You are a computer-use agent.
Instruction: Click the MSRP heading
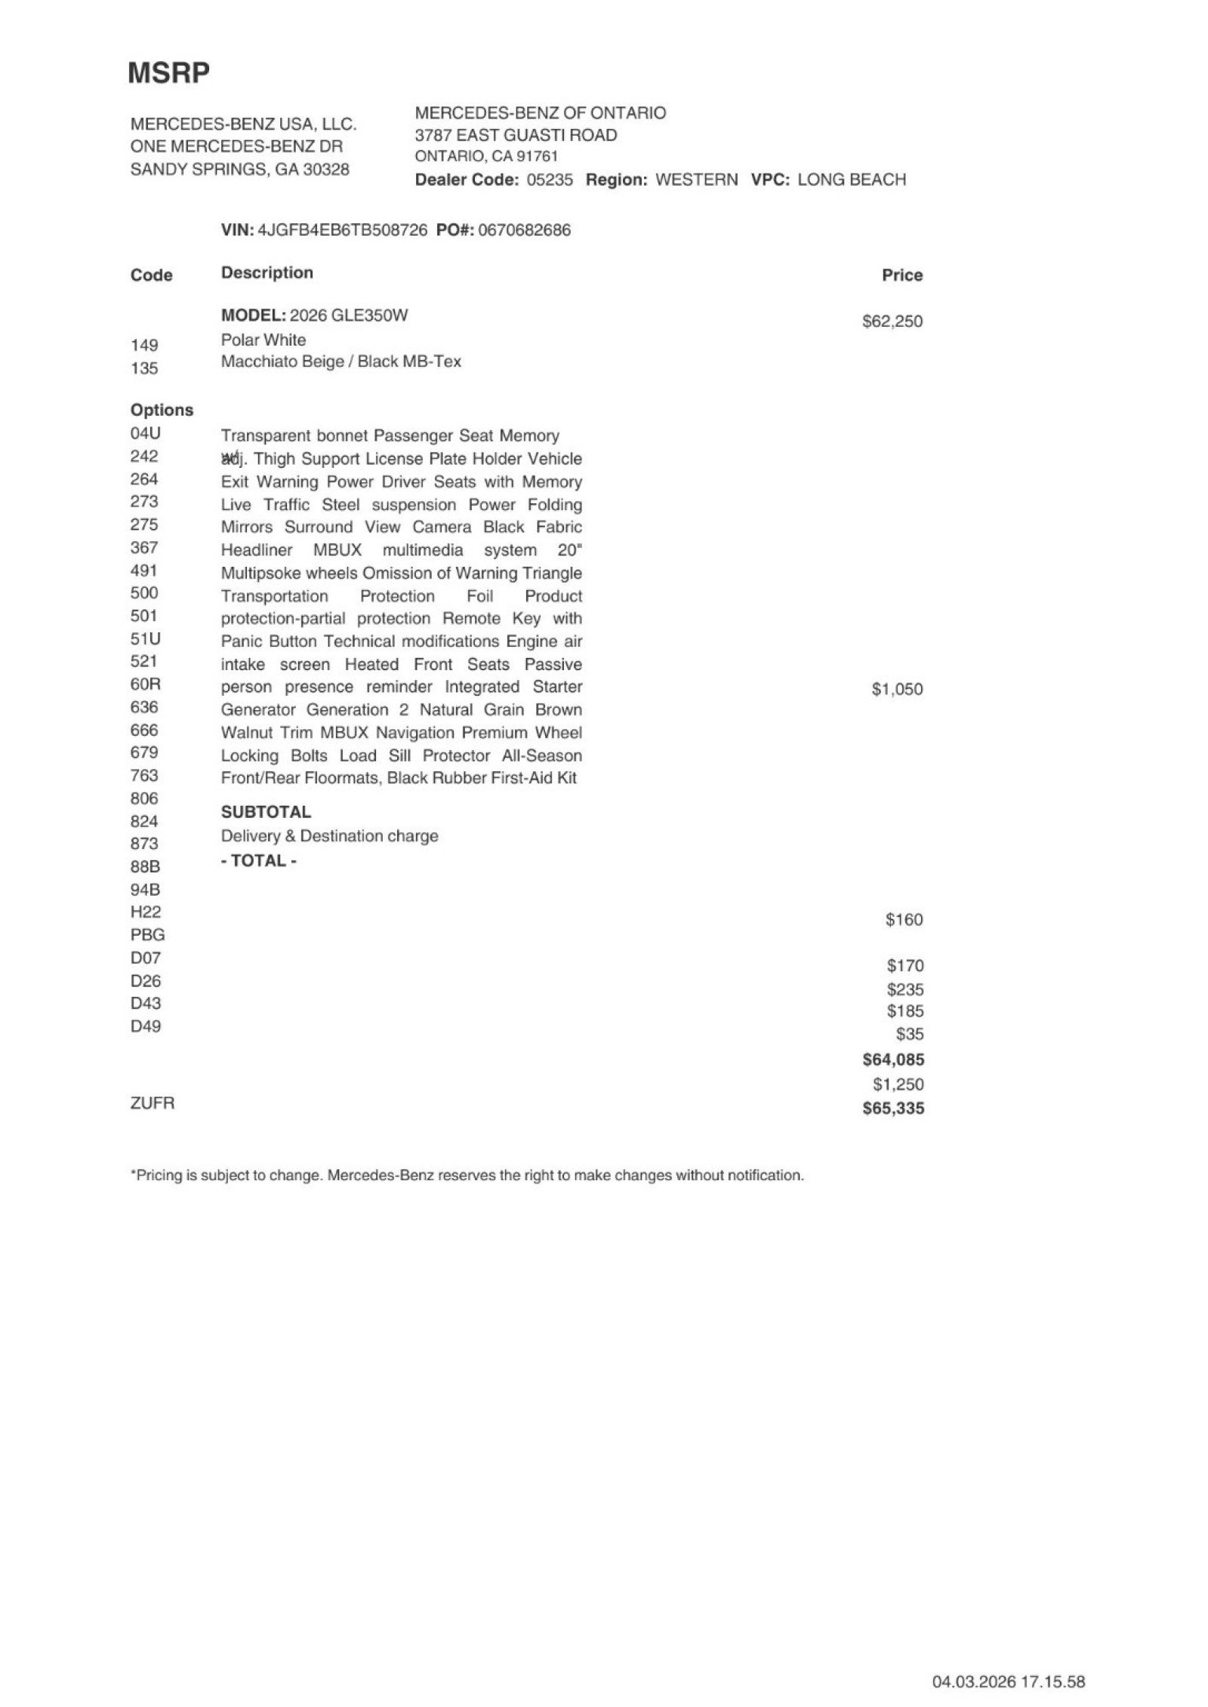pos(168,73)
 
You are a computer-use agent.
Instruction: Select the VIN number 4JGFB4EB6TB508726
pos(343,230)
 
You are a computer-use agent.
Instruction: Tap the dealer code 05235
pos(550,180)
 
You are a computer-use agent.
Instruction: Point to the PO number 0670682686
pos(525,230)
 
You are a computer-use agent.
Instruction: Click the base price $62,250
pos(892,321)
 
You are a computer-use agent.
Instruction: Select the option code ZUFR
pos(153,1103)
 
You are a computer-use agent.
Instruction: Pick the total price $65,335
pos(893,1109)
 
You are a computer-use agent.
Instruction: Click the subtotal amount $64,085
pos(893,1060)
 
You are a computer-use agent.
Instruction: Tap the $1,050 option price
pos(897,689)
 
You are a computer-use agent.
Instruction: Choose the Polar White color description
pos(263,340)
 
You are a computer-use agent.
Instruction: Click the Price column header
pos(902,275)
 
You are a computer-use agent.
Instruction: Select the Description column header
pos(267,273)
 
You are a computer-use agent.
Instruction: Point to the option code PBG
pos(148,935)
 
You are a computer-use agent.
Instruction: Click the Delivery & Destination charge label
pos(329,836)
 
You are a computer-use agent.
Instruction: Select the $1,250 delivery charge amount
pos(898,1084)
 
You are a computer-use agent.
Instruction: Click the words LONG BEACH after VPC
pos(852,180)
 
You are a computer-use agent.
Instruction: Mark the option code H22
pos(146,912)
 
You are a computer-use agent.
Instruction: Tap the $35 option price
pos(910,1035)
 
